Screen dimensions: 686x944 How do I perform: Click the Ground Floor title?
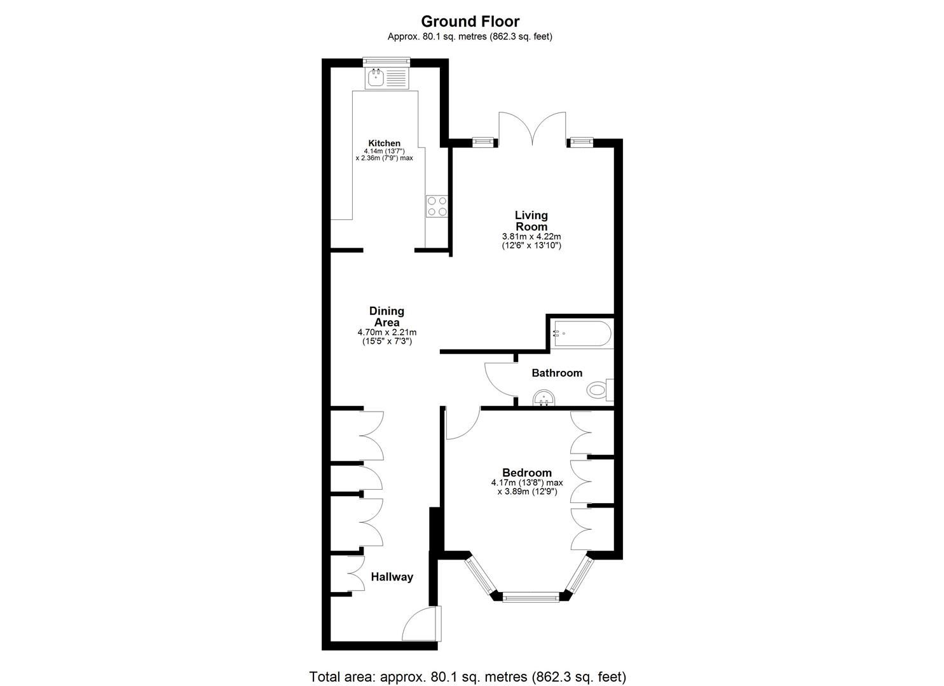click(x=470, y=22)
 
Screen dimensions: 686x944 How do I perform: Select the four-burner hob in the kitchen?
click(x=436, y=206)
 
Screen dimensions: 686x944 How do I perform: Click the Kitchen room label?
click(x=385, y=144)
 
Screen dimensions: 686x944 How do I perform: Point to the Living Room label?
click(x=531, y=221)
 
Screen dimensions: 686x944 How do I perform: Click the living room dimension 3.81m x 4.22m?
click(x=531, y=236)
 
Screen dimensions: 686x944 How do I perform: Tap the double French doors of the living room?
click(x=532, y=128)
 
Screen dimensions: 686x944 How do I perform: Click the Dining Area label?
click(x=386, y=316)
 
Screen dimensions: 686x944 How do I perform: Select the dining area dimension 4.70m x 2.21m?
click(x=386, y=332)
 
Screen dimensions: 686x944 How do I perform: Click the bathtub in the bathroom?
click(x=582, y=332)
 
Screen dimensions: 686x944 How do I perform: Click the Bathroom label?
click(x=557, y=373)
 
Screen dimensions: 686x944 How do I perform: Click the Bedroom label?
click(x=526, y=473)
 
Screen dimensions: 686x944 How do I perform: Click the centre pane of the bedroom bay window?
click(x=531, y=597)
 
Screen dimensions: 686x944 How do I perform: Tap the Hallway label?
click(x=392, y=577)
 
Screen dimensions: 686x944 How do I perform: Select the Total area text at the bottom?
click(x=467, y=676)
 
